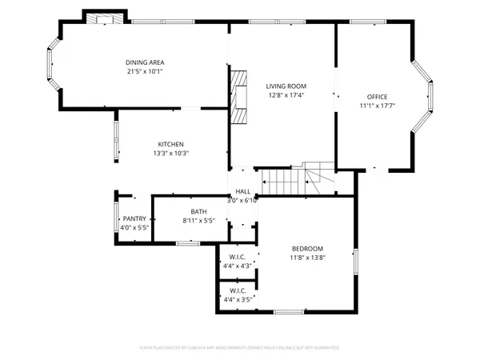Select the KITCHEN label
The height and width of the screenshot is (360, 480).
click(x=170, y=144)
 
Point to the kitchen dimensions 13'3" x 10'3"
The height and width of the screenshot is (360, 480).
click(x=170, y=153)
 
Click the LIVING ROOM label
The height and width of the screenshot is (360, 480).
click(x=286, y=86)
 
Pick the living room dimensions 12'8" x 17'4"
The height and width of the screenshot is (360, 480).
click(x=286, y=94)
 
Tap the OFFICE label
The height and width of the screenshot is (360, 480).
click(x=376, y=97)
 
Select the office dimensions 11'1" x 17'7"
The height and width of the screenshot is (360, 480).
click(x=376, y=106)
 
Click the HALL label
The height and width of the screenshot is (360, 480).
click(x=243, y=191)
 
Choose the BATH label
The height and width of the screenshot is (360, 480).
click(x=198, y=211)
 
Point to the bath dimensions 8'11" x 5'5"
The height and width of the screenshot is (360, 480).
click(x=198, y=220)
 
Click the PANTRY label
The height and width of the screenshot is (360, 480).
click(x=134, y=219)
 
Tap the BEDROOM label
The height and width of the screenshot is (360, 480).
click(x=307, y=249)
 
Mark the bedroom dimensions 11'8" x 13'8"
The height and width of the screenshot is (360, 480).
click(x=307, y=258)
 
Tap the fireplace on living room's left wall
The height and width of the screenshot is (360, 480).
click(x=239, y=97)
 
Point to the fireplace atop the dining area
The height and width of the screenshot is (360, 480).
click(x=106, y=20)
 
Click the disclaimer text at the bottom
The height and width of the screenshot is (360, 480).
click(x=240, y=348)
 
